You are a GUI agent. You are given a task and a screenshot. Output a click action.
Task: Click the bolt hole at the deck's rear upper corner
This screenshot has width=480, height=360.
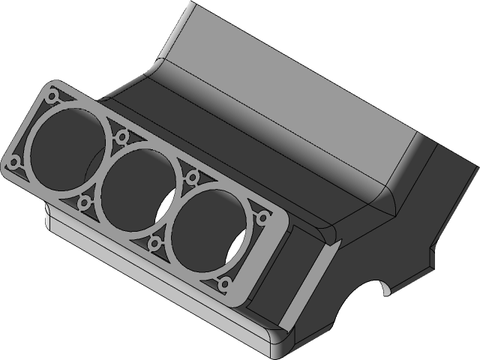click(52, 97)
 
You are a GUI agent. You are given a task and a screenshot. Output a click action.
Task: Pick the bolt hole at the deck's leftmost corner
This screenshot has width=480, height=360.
click(13, 163)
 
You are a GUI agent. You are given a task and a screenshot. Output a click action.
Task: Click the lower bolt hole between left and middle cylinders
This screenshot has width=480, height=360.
click(84, 201)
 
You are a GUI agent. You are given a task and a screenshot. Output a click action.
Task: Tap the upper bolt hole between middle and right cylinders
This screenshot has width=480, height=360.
click(192, 178)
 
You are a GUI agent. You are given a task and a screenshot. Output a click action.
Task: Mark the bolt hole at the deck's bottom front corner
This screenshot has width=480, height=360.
click(224, 285)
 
